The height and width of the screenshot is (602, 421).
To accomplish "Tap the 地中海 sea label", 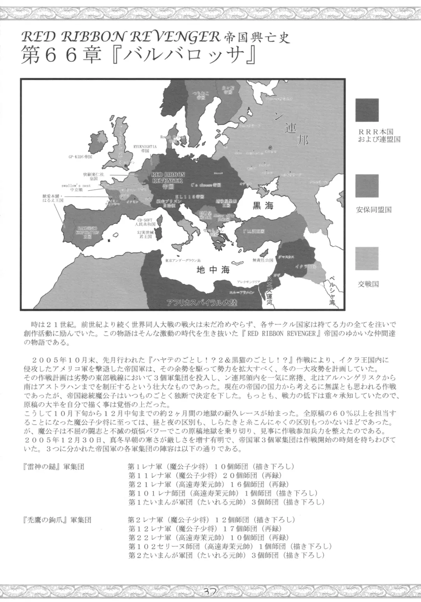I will coord(213,269).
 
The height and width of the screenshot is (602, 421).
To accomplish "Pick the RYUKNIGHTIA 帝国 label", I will coord(145,148).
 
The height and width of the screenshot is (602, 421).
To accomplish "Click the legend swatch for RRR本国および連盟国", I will coord(366,110).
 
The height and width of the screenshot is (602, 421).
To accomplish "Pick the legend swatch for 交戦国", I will coord(366,259).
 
